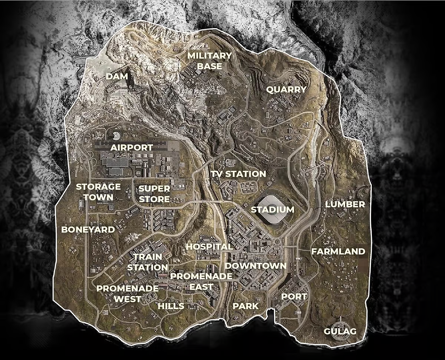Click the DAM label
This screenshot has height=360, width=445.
(117, 76)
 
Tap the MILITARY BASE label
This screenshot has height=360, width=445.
(209, 61)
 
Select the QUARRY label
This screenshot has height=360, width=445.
(286, 89)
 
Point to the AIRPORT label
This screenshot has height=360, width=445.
(132, 148)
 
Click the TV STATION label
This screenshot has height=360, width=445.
(238, 174)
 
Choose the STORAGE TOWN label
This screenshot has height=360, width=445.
(98, 192)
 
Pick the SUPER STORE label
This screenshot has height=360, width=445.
(154, 194)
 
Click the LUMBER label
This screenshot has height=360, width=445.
(345, 204)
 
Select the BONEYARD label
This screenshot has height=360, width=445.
(88, 229)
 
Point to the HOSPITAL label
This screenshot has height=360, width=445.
(209, 247)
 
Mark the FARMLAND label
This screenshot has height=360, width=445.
(338, 251)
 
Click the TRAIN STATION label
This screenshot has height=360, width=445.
(147, 262)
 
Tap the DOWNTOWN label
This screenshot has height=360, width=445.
(256, 266)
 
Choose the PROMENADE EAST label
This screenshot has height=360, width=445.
(201, 281)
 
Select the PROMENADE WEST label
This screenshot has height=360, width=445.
(127, 293)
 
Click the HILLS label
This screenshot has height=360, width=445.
(171, 306)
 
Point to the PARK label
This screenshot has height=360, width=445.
(245, 306)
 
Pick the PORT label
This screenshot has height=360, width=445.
(294, 296)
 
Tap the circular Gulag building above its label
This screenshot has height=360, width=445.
(340, 320)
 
